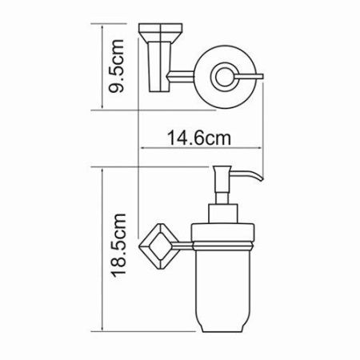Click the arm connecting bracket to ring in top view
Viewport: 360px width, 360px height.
click(x=182, y=77)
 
